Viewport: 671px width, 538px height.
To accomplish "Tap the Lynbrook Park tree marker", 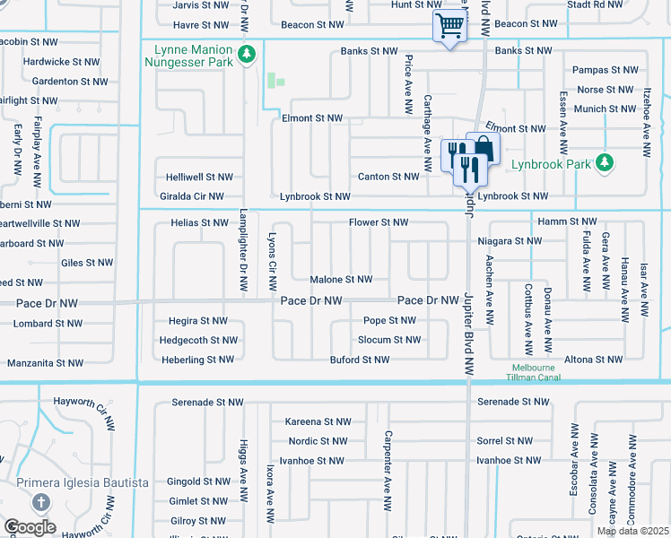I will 606,163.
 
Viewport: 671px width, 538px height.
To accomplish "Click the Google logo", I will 30,527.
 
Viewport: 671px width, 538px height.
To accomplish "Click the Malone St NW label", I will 341,280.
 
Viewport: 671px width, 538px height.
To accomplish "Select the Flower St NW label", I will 379,222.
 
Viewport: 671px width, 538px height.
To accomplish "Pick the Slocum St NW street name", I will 389,340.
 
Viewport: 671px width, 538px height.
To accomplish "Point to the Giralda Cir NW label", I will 189,195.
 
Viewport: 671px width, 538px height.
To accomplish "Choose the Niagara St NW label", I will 510,241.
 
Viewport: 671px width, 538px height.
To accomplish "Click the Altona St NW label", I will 593,360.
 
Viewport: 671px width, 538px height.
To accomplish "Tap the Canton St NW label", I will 388,177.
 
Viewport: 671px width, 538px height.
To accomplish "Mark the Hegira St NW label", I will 198,320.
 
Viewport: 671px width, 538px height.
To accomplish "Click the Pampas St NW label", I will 606,70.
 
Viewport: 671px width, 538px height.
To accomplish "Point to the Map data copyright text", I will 633,532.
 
